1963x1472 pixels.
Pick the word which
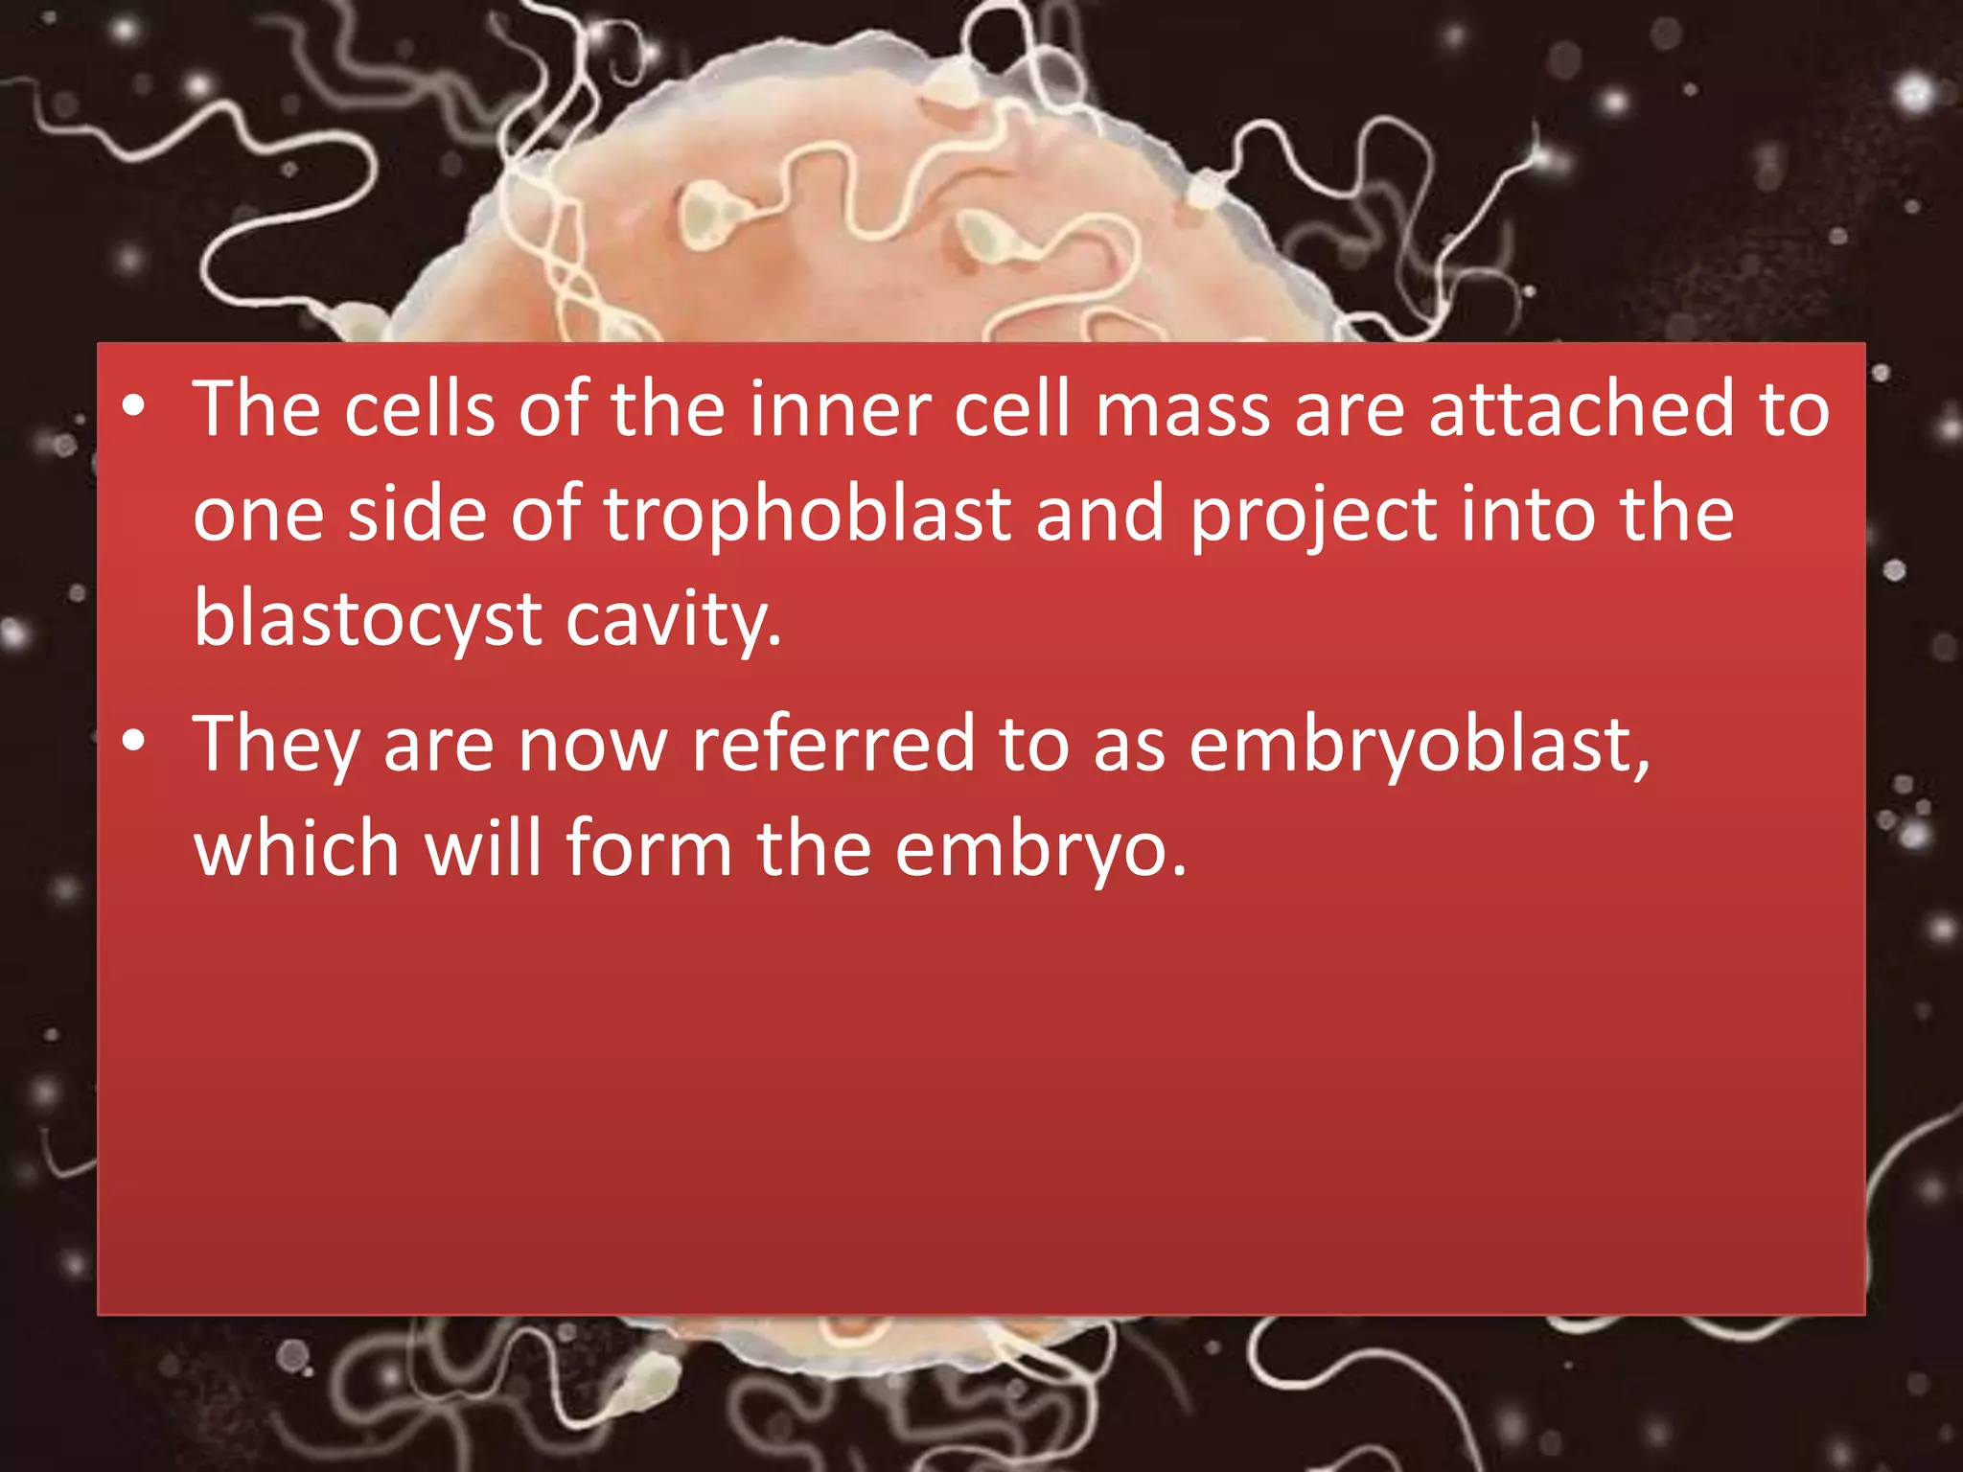[x=296, y=849]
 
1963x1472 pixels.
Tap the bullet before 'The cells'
[x=134, y=408]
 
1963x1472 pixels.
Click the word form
[x=649, y=849]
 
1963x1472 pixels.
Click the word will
[x=483, y=849]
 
